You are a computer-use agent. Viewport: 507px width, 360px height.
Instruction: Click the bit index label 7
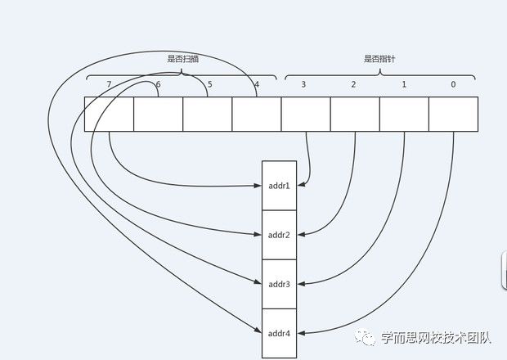pyautogui.click(x=109, y=85)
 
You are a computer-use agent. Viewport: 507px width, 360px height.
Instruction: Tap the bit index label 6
pyautogui.click(x=158, y=85)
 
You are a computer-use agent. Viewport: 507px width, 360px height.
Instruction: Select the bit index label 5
pyautogui.click(x=209, y=85)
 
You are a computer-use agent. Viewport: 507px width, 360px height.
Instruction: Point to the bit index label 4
pyautogui.click(x=256, y=85)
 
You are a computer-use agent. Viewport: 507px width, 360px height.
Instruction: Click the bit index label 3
pyautogui.click(x=305, y=85)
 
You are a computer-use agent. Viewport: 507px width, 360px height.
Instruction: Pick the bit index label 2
pyautogui.click(x=354, y=85)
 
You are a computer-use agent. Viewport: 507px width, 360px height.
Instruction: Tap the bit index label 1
pyautogui.click(x=404, y=85)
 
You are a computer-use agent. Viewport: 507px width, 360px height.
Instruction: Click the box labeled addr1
pyautogui.click(x=279, y=186)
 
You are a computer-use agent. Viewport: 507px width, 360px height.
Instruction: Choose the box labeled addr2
pyautogui.click(x=279, y=235)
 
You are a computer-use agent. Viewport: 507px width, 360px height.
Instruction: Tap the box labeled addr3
pyautogui.click(x=279, y=284)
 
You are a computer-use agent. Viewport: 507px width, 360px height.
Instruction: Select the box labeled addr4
pyautogui.click(x=279, y=333)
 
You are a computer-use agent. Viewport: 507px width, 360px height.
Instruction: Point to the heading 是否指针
pyautogui.click(x=379, y=59)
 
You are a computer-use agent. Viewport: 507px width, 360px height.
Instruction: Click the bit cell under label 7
pyautogui.click(x=109, y=114)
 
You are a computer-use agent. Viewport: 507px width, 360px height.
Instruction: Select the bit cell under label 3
pyautogui.click(x=305, y=114)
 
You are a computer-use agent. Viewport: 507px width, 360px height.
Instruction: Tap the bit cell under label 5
pyautogui.click(x=207, y=114)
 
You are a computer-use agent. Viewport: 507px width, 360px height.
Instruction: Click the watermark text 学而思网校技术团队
pyautogui.click(x=435, y=336)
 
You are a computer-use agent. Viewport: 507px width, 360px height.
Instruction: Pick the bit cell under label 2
pyautogui.click(x=354, y=114)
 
